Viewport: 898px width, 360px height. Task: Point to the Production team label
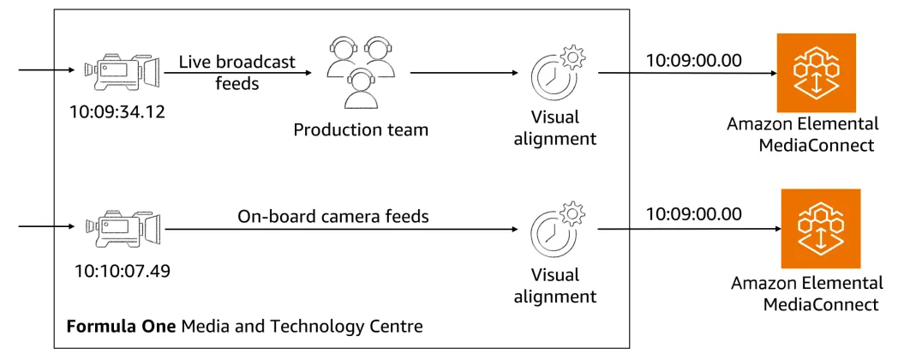(360, 130)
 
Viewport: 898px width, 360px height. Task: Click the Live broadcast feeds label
(236, 72)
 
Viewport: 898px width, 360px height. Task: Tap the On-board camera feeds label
(333, 217)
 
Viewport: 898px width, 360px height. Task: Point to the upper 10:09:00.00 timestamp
(694, 60)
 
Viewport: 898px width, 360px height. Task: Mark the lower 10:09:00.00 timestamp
(694, 214)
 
